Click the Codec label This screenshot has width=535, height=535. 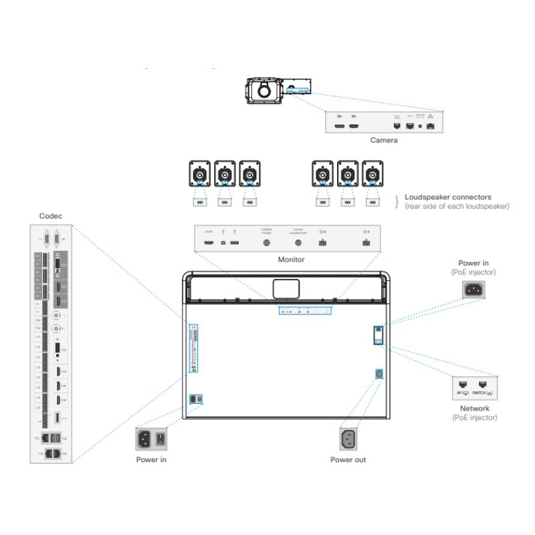coord(51,216)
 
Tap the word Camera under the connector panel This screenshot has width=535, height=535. coord(384,140)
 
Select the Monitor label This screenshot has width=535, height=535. coord(291,259)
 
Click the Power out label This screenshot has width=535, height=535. coord(348,459)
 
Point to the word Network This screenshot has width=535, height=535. coord(474,409)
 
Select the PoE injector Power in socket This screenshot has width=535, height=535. coord(473,290)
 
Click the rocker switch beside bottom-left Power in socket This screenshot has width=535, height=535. coord(161,439)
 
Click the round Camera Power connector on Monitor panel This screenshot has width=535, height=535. coord(267,243)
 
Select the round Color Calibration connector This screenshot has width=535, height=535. coord(298,243)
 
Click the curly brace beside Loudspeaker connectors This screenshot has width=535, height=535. coord(397,201)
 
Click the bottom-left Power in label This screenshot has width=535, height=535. coord(152,459)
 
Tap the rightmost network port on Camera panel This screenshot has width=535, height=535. coord(431,125)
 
